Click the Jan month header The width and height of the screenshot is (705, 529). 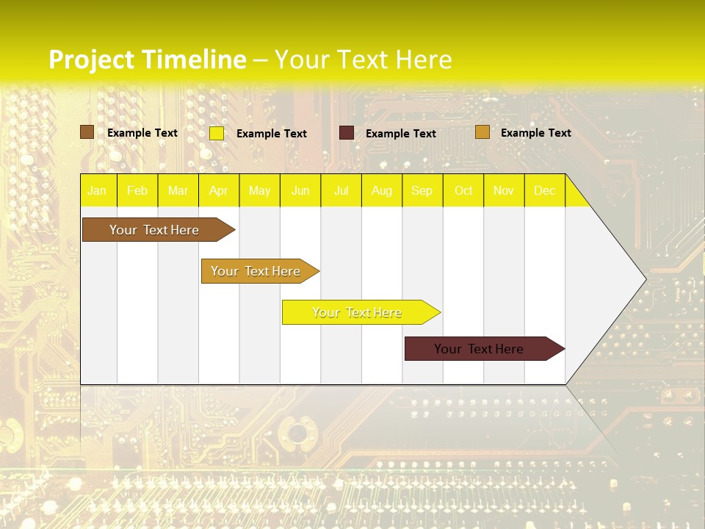tap(97, 190)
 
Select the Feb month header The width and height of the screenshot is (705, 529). tap(137, 190)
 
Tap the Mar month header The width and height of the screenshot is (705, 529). tap(178, 190)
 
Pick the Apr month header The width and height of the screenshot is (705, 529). tap(219, 190)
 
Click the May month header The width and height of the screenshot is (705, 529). tap(259, 190)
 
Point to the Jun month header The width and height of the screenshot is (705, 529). tap(300, 190)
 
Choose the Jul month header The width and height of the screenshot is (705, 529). tap(341, 190)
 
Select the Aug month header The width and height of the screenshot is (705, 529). tap(382, 190)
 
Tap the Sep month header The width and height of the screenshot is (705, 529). tap(422, 190)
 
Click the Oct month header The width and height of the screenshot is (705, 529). tap(463, 190)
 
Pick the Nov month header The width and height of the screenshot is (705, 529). tap(504, 190)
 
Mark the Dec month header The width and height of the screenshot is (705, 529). tap(544, 190)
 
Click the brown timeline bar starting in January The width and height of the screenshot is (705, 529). tap(154, 230)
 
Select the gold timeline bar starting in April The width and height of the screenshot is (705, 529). tap(256, 271)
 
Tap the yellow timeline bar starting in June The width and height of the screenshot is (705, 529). tap(357, 312)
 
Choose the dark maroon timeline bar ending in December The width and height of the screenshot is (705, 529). tap(480, 349)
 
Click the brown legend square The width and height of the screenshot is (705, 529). tap(87, 132)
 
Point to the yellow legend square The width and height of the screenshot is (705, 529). tap(217, 133)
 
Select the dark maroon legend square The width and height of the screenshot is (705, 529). tap(347, 133)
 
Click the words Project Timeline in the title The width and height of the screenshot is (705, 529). tap(148, 60)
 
